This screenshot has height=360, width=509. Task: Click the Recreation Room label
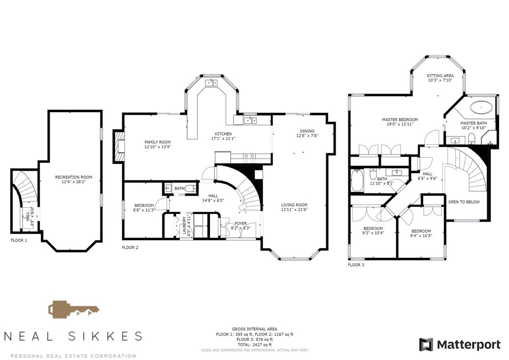[x=74, y=177]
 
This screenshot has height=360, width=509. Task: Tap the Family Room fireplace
[x=120, y=146]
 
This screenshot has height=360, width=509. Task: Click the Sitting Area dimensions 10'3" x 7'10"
[x=440, y=80]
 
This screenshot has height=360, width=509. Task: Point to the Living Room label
[x=294, y=205]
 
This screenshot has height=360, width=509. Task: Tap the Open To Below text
[x=464, y=202]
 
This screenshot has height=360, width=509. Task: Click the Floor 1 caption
[x=19, y=240]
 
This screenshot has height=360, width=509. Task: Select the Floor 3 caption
[x=356, y=265]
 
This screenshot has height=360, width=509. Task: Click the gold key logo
[x=74, y=310]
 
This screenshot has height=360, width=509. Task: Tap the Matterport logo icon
[x=426, y=344]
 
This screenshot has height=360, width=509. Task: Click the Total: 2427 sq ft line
[x=254, y=344]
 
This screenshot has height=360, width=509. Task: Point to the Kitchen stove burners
[x=249, y=158]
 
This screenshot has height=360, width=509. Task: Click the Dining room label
[x=307, y=131]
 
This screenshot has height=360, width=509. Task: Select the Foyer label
[x=241, y=224]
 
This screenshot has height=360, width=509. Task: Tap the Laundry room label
[x=184, y=226]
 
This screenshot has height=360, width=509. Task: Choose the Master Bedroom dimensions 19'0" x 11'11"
[x=400, y=124]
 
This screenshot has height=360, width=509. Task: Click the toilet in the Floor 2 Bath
[x=190, y=188]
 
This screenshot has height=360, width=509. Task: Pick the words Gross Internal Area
[x=254, y=329]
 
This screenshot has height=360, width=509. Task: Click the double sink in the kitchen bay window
[x=212, y=83]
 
